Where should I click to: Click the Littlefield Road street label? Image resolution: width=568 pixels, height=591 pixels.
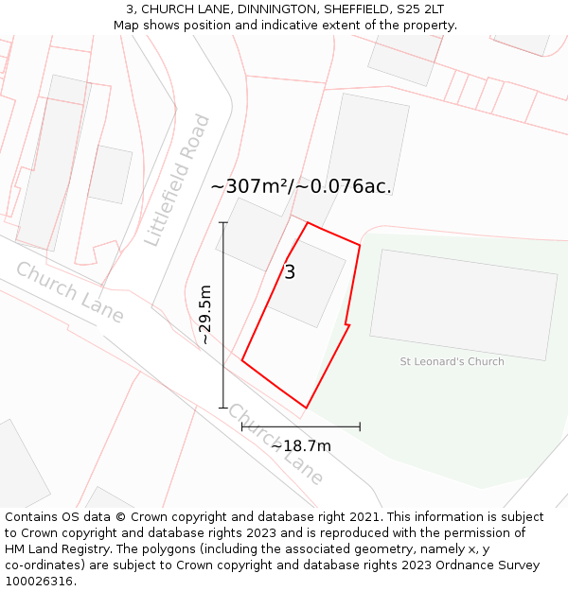click(177, 180)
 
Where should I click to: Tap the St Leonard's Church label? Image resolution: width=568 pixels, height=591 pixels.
click(452, 361)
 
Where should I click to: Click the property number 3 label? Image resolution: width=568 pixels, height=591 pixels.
click(290, 272)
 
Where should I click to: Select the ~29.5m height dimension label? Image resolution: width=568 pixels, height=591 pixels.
click(205, 315)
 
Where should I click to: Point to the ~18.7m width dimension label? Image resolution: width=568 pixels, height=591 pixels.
click(301, 445)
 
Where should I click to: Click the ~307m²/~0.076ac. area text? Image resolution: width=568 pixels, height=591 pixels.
click(301, 186)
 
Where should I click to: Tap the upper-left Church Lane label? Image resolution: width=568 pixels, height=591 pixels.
click(69, 291)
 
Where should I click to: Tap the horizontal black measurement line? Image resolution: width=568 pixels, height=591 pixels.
click(301, 426)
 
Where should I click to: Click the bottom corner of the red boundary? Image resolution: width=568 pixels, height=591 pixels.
click(306, 408)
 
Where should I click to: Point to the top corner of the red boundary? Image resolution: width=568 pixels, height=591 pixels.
click(308, 223)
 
